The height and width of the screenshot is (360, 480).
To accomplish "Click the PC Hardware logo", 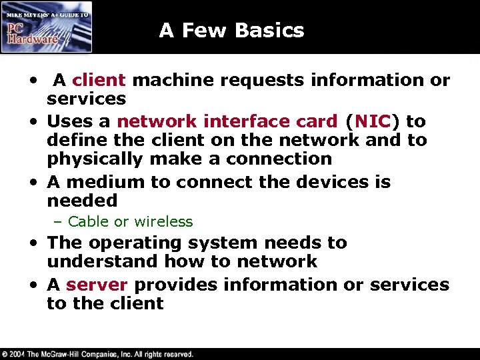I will coord(46,26).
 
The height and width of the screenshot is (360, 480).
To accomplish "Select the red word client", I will coord(99,80).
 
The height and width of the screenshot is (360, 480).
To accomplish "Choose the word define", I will coord(72,140).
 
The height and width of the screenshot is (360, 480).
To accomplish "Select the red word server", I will coord(97,285).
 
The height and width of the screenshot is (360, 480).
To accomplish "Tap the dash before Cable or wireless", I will coord(59,221).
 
